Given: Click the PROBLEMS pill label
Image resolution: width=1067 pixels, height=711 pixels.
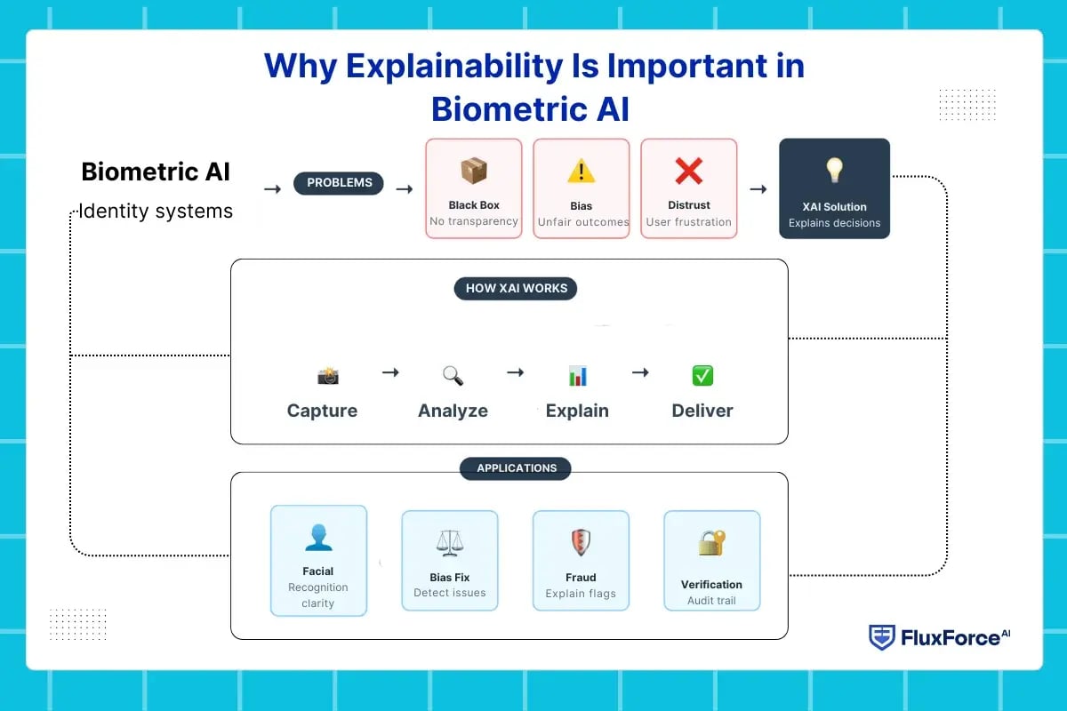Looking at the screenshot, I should [339, 183].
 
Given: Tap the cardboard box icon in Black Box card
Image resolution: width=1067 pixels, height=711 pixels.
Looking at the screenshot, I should [473, 171].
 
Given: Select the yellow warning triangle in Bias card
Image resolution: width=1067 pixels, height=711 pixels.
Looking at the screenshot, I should [582, 171].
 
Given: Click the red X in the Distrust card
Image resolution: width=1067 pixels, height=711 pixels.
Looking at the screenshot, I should [688, 171].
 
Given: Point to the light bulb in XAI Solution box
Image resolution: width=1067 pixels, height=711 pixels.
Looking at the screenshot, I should [834, 170].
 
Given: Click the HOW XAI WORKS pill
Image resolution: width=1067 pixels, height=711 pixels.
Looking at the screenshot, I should [516, 288].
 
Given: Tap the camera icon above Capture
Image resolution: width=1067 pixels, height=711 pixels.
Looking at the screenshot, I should [328, 376].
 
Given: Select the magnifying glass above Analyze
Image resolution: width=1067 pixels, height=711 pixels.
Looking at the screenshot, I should [453, 376].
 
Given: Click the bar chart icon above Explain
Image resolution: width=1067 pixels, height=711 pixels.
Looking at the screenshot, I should [578, 376].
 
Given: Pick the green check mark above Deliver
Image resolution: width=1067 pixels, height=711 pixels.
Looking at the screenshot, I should [702, 376].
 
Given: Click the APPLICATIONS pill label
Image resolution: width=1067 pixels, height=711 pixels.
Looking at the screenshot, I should [516, 468].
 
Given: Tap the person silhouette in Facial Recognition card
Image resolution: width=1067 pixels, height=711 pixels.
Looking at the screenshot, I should [317, 537].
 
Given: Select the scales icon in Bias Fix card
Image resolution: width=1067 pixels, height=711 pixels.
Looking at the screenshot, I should [449, 542].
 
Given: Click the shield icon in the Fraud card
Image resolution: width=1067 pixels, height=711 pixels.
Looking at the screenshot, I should [581, 542].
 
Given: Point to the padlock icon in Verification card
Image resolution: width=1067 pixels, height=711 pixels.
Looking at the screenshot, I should [711, 543].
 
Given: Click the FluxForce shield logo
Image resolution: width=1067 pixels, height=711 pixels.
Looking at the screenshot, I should [881, 637].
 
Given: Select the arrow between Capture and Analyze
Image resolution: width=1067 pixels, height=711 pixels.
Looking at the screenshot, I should [390, 372].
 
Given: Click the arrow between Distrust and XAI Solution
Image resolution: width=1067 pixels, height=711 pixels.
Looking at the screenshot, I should [758, 188].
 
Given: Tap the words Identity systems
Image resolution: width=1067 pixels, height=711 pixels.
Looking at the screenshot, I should [156, 212].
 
